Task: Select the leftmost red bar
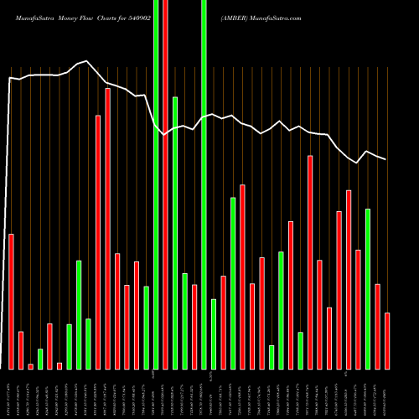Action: click(12, 302)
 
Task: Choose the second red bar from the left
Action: click(21, 350)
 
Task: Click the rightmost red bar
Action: click(387, 341)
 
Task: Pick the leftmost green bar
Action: click(40, 359)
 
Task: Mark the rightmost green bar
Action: click(368, 289)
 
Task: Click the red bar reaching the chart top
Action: click(165, 184)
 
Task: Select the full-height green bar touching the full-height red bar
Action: click(155, 184)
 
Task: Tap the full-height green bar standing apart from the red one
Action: click(204, 184)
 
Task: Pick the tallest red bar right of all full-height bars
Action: click(310, 262)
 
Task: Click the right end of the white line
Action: click(386, 159)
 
